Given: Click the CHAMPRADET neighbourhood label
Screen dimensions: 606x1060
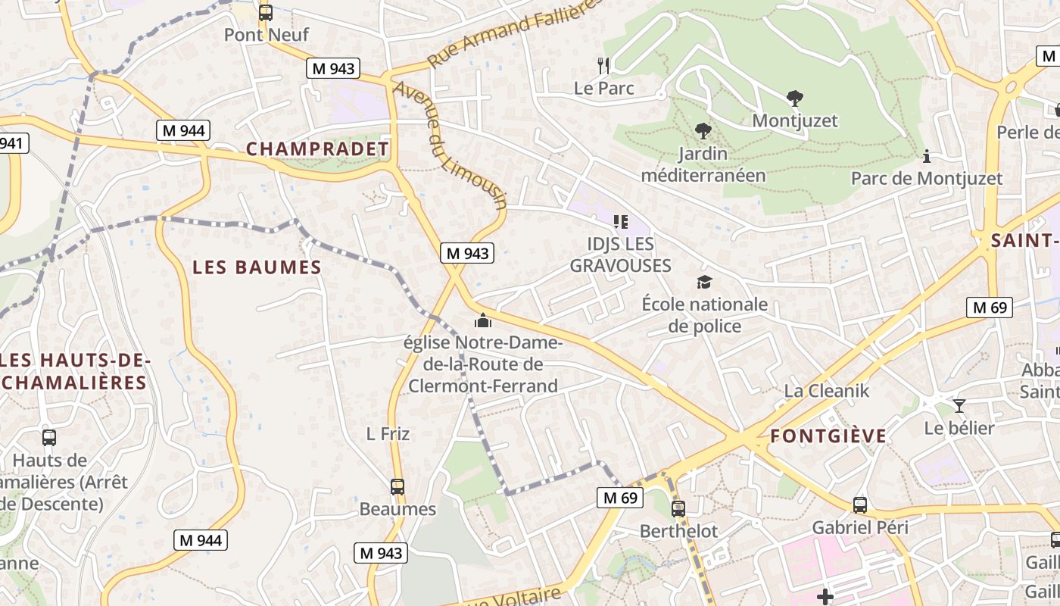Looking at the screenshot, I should coord(317,148).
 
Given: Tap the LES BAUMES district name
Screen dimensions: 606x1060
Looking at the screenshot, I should coord(257,267).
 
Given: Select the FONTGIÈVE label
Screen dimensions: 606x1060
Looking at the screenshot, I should coord(828,436).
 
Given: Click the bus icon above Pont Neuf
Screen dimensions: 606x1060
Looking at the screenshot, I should coord(265,12).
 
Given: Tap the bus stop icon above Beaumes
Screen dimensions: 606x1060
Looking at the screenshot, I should coord(397,486).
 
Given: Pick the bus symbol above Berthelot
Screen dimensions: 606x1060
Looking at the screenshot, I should coord(678,508).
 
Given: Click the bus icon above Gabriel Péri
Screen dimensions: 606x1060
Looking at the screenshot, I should coord(860,504).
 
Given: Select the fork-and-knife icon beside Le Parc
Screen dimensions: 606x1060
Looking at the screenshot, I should coord(603,66).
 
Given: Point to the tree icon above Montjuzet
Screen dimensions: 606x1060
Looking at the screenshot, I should coord(794,98).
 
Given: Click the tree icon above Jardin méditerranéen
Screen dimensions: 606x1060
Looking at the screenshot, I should coord(703,131).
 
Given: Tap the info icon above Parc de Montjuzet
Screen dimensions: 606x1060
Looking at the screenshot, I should coord(927,156).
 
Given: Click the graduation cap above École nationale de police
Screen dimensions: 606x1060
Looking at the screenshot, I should coord(705,283).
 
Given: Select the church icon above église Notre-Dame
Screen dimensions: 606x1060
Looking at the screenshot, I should coord(483,321).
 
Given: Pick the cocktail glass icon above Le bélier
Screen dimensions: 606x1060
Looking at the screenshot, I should coord(959,406).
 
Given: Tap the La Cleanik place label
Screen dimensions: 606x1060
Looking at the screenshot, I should coord(827,391).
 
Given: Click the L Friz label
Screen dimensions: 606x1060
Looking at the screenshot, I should coord(388,434).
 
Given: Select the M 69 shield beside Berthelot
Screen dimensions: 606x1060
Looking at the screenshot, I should coord(621,498).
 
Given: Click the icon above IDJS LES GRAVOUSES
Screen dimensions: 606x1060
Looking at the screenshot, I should coord(621,222).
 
